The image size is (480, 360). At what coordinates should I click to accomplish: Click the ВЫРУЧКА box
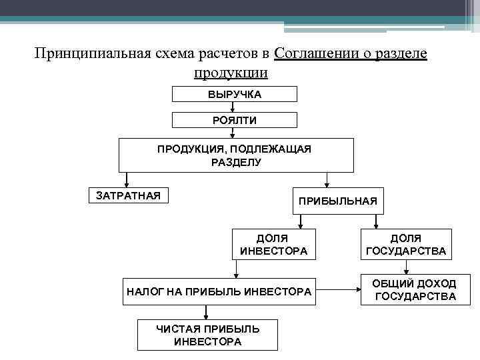tap(234, 94)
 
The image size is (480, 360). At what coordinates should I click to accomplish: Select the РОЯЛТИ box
tap(234, 120)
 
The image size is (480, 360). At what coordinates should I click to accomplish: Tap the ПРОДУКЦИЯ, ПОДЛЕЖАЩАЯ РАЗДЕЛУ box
tap(234, 155)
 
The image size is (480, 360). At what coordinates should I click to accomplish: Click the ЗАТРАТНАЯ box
tap(129, 195)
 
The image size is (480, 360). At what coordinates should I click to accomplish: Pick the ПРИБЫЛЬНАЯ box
tap(337, 200)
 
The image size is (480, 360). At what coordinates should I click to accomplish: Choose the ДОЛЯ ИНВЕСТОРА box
tap(273, 244)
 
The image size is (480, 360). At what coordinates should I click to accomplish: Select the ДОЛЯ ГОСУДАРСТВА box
tap(405, 244)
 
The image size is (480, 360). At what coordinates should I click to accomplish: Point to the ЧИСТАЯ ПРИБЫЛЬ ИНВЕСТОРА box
tap(207, 335)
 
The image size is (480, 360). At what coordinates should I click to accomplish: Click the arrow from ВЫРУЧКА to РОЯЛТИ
tap(231, 107)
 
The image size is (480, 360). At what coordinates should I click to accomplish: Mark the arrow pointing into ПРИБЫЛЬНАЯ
tap(326, 180)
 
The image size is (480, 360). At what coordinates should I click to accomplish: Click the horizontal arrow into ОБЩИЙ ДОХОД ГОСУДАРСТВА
tap(337, 290)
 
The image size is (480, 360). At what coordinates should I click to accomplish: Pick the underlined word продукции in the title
tap(231, 72)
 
